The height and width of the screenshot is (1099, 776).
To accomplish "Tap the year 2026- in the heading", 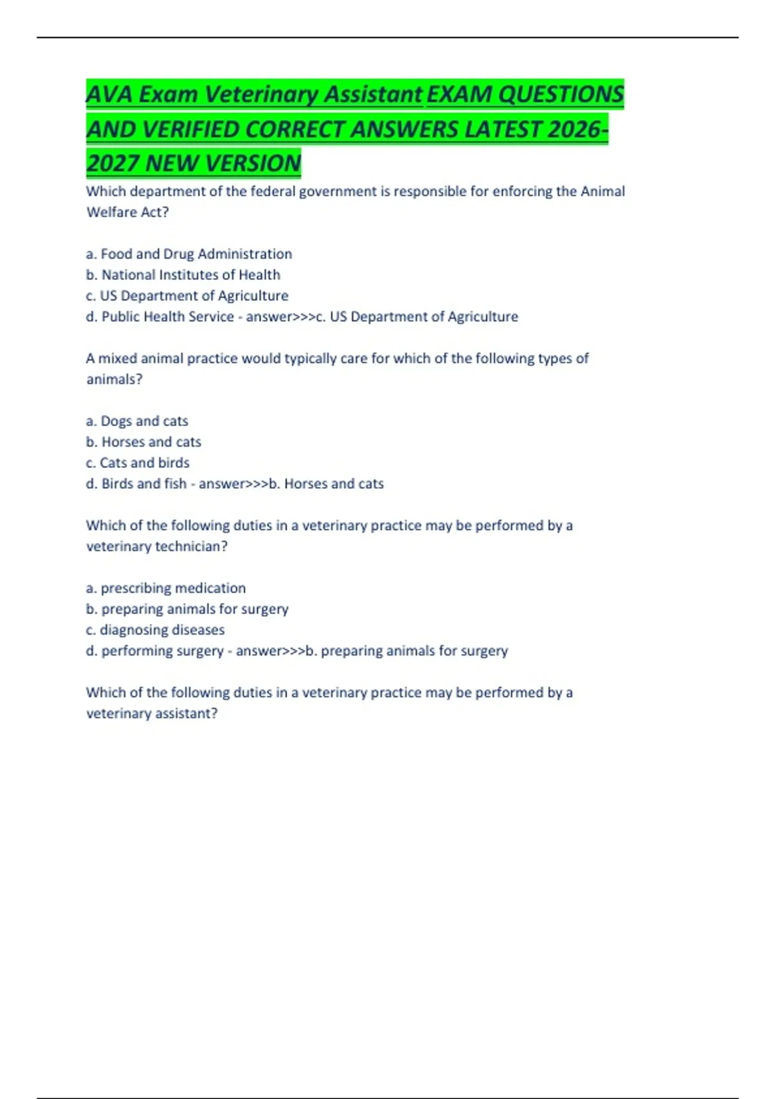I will [577, 129].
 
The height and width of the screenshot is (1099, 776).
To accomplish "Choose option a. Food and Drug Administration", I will [189, 254].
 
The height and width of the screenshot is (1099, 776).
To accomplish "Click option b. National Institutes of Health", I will [183, 275].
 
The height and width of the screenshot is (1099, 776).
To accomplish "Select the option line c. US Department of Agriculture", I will [187, 296].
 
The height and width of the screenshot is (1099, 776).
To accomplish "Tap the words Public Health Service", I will [167, 317].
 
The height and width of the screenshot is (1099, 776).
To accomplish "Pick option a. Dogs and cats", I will [137, 421].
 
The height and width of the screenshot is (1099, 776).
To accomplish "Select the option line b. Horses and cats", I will [144, 442].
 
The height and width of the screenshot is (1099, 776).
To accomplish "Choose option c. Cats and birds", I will [138, 463].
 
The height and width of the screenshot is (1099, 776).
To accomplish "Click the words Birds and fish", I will [144, 484].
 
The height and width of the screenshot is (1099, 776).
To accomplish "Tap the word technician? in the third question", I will [191, 547].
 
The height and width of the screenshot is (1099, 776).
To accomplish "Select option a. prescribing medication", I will [166, 588].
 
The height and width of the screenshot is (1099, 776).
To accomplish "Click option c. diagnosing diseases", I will [155, 630].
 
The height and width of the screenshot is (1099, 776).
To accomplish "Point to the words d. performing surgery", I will [155, 651].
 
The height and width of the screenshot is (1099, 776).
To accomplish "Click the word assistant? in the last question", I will [186, 714].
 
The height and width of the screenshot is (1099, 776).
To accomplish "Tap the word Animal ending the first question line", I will [603, 191].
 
